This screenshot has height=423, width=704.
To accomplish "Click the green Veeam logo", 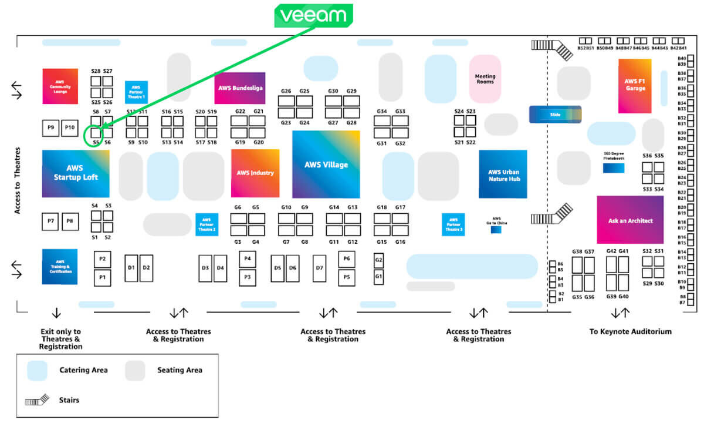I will coord(313,16).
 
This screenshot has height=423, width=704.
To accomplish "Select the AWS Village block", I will coord(326,164).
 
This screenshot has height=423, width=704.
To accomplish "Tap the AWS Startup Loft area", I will coord(76,173).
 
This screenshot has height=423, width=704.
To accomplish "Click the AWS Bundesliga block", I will coord(239,88).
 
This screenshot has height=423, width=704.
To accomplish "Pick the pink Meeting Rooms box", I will coord(485,79).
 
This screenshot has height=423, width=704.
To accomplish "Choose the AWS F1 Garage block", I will coord(635,85).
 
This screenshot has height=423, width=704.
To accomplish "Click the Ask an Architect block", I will coord(630,220).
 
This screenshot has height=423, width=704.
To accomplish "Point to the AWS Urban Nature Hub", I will coord(503,174).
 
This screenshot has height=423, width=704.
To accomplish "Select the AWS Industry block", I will coord(255,173).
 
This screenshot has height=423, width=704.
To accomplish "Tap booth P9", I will coord(51,127).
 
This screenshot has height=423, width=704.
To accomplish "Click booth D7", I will coord(320,268).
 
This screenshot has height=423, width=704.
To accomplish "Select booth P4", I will coord(248,258).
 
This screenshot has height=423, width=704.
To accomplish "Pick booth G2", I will coord(379,260).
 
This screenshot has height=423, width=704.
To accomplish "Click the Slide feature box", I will coord(555,115).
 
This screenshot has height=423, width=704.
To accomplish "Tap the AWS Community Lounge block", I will coord(60,86).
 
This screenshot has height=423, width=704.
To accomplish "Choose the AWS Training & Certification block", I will coord(60,267).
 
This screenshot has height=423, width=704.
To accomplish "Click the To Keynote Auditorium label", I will coord(630,331).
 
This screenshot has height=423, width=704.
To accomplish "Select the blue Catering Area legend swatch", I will coord(37,370).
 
